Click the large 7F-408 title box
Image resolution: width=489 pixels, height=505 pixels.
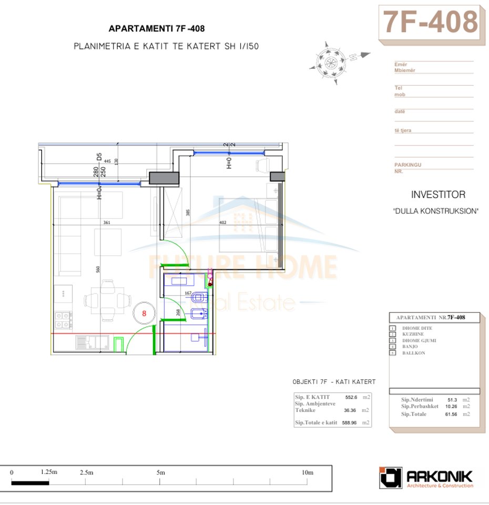pos(430,22)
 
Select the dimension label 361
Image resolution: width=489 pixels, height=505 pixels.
pos(107,223)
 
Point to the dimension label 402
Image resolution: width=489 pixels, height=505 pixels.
pos(222,223)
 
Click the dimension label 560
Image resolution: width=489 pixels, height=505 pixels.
pos(98,269)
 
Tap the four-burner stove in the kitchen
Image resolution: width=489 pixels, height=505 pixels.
pos(63,316)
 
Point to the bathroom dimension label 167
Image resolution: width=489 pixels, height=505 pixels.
pos(188,293)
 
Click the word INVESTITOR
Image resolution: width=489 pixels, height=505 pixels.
pos(438,195)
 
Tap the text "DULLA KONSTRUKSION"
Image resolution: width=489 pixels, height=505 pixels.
pos(435,211)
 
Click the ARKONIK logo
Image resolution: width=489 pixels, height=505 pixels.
pos(426,478)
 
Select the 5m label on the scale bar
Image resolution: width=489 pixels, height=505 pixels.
pos(161,473)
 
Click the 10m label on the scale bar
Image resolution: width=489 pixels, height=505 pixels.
pos(308,473)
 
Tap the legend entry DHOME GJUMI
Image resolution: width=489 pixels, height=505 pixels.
pos(419,340)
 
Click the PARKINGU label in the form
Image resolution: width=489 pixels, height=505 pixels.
pos(407,165)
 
